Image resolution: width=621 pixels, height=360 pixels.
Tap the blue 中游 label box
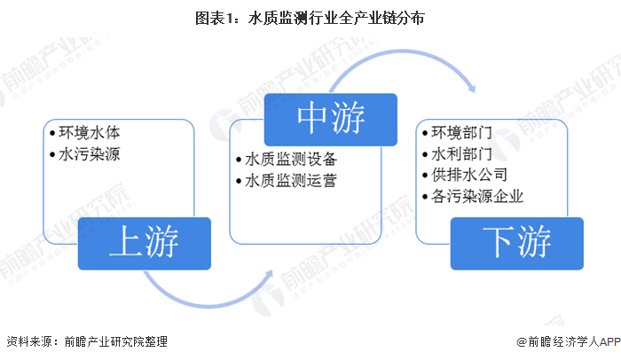tap(331, 117)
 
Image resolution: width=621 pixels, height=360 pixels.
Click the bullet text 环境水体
tap(90, 133)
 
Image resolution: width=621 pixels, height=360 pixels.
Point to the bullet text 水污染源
tap(90, 154)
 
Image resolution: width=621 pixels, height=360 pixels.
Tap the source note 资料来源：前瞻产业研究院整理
tap(86, 341)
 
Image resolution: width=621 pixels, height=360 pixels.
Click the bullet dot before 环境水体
tap(51, 134)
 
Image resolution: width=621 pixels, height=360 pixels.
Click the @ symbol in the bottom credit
tap(522, 341)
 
